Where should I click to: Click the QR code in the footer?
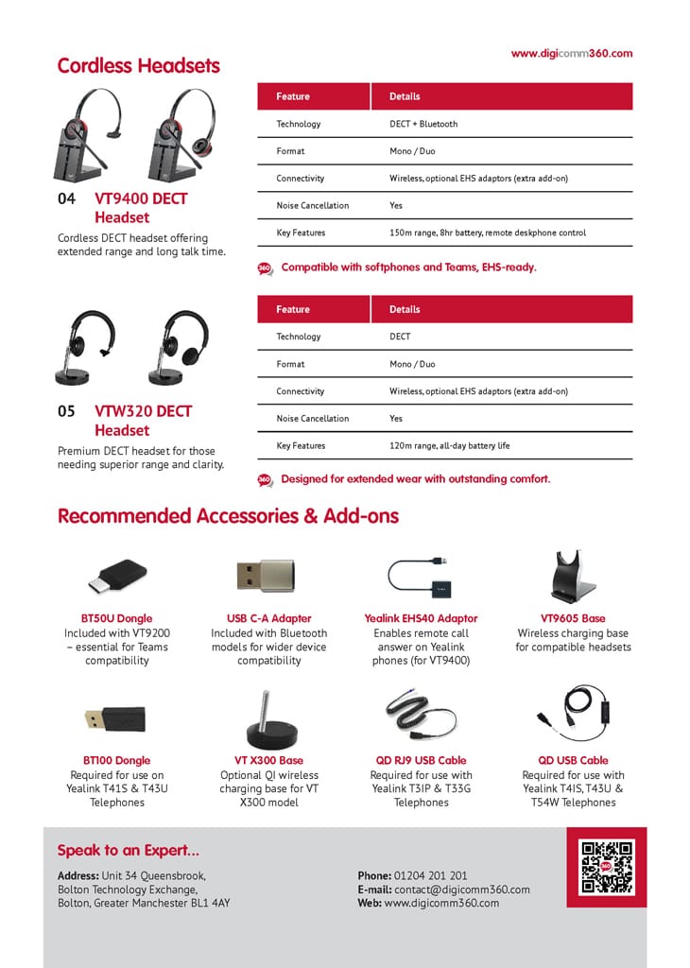(x=606, y=867)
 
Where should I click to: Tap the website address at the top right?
(x=572, y=54)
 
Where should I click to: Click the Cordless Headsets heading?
(x=138, y=66)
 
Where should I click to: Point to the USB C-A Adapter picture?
(x=268, y=575)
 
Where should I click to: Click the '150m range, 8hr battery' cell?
(x=488, y=233)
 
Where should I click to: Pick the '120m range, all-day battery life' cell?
(x=449, y=445)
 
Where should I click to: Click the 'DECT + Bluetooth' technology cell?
(x=423, y=124)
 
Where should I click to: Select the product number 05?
(x=66, y=411)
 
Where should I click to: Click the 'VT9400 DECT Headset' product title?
(x=140, y=208)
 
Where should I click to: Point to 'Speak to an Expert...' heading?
(x=129, y=850)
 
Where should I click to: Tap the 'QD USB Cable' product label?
(x=573, y=760)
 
